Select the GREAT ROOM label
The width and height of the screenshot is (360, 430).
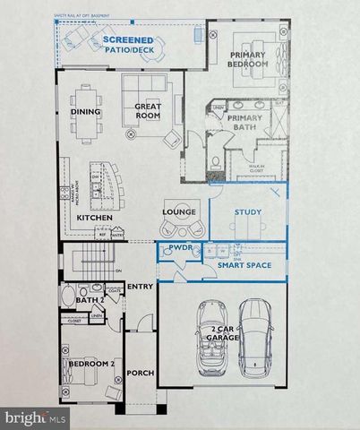(x=148, y=111)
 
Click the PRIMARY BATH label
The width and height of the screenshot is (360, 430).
(x=244, y=124)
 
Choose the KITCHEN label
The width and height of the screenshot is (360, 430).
(x=94, y=218)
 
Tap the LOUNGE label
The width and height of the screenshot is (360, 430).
(x=179, y=211)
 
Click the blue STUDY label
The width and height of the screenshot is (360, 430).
(x=247, y=212)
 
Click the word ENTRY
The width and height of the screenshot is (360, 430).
(x=140, y=286)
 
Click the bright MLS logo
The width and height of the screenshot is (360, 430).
(x=35, y=417)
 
